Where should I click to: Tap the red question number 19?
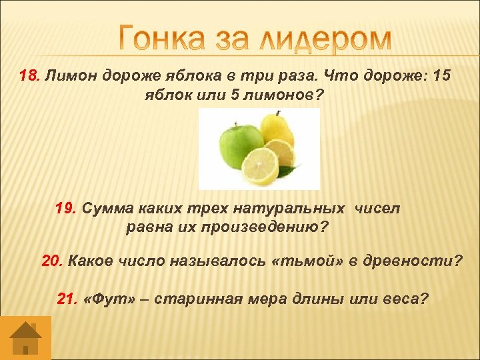tap(66, 209)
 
